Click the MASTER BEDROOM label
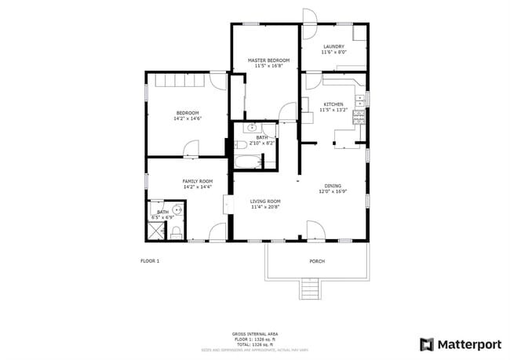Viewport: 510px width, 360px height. [x=269, y=60]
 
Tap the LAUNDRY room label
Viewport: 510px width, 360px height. [x=333, y=47]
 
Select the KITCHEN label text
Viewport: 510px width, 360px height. [x=333, y=104]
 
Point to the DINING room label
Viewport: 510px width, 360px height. [x=333, y=186]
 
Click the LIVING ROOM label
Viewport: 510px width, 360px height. [x=266, y=202]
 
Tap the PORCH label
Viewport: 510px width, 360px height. [x=317, y=261]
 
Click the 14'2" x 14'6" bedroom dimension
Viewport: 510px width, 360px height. [x=188, y=118]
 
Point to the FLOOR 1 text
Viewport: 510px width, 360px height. [x=150, y=260]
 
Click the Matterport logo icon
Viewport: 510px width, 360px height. [x=427, y=344]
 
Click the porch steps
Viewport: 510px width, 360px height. [x=311, y=289]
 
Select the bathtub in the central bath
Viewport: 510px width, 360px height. [x=248, y=163]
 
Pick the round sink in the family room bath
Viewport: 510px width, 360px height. [x=178, y=209]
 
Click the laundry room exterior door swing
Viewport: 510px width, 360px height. [x=308, y=16]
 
